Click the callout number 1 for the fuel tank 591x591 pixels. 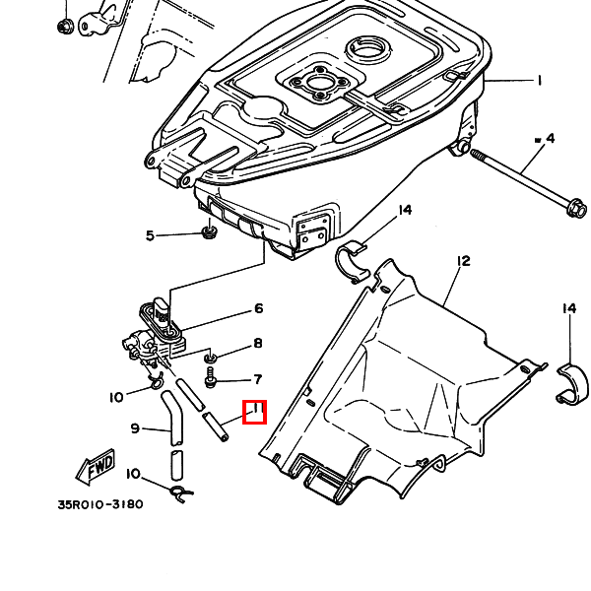click(x=540, y=81)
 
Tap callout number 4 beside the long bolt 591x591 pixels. click(x=550, y=138)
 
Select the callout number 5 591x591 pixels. click(x=150, y=236)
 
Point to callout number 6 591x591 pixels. click(x=258, y=308)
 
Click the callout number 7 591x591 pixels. click(x=258, y=379)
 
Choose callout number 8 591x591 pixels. click(x=258, y=344)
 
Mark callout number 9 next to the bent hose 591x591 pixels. click(x=135, y=428)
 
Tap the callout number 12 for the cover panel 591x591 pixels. click(x=464, y=261)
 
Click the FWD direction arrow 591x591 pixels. click(x=95, y=467)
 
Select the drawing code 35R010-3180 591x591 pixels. click(x=100, y=504)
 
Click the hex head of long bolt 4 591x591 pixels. click(x=576, y=207)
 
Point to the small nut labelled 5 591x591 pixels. click(x=209, y=231)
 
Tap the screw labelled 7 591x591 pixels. click(x=210, y=377)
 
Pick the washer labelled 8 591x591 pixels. click(x=210, y=358)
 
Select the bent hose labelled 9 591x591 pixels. click(x=173, y=419)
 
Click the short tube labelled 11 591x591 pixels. click(x=216, y=427)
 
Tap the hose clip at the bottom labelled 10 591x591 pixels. click(x=181, y=493)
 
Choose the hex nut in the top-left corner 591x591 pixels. click(x=65, y=26)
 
